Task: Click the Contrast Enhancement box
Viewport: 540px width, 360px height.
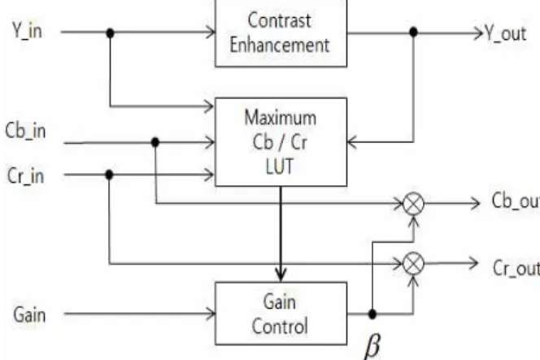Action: [x=281, y=33]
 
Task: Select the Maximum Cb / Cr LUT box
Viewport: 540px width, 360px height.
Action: [x=281, y=141]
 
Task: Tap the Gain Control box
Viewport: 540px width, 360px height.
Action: [x=281, y=313]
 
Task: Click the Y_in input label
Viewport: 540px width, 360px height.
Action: [x=27, y=31]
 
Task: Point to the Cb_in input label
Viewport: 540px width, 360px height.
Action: [x=25, y=132]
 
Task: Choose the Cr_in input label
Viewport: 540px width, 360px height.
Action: [x=25, y=176]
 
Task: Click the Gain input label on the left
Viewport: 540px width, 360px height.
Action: [x=29, y=314]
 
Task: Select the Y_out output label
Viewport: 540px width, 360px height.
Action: [x=506, y=34]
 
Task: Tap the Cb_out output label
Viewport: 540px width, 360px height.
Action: [x=516, y=201]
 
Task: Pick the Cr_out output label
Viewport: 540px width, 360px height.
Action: [x=516, y=267]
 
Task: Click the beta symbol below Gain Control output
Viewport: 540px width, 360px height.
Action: [x=372, y=345]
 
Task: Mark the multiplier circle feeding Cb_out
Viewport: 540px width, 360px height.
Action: [x=413, y=204]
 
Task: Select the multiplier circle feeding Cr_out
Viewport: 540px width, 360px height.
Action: [x=413, y=263]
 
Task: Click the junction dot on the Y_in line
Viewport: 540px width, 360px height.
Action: [x=110, y=33]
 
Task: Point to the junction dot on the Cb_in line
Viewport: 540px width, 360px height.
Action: [x=155, y=141]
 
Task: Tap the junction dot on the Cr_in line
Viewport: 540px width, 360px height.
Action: [x=109, y=175]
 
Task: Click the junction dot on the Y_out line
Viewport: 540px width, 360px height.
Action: [x=413, y=33]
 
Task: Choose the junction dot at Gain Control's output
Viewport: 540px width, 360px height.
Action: [x=372, y=314]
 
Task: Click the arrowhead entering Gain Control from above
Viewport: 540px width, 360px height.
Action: [x=281, y=275]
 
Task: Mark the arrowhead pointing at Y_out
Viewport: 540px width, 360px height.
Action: [x=479, y=33]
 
